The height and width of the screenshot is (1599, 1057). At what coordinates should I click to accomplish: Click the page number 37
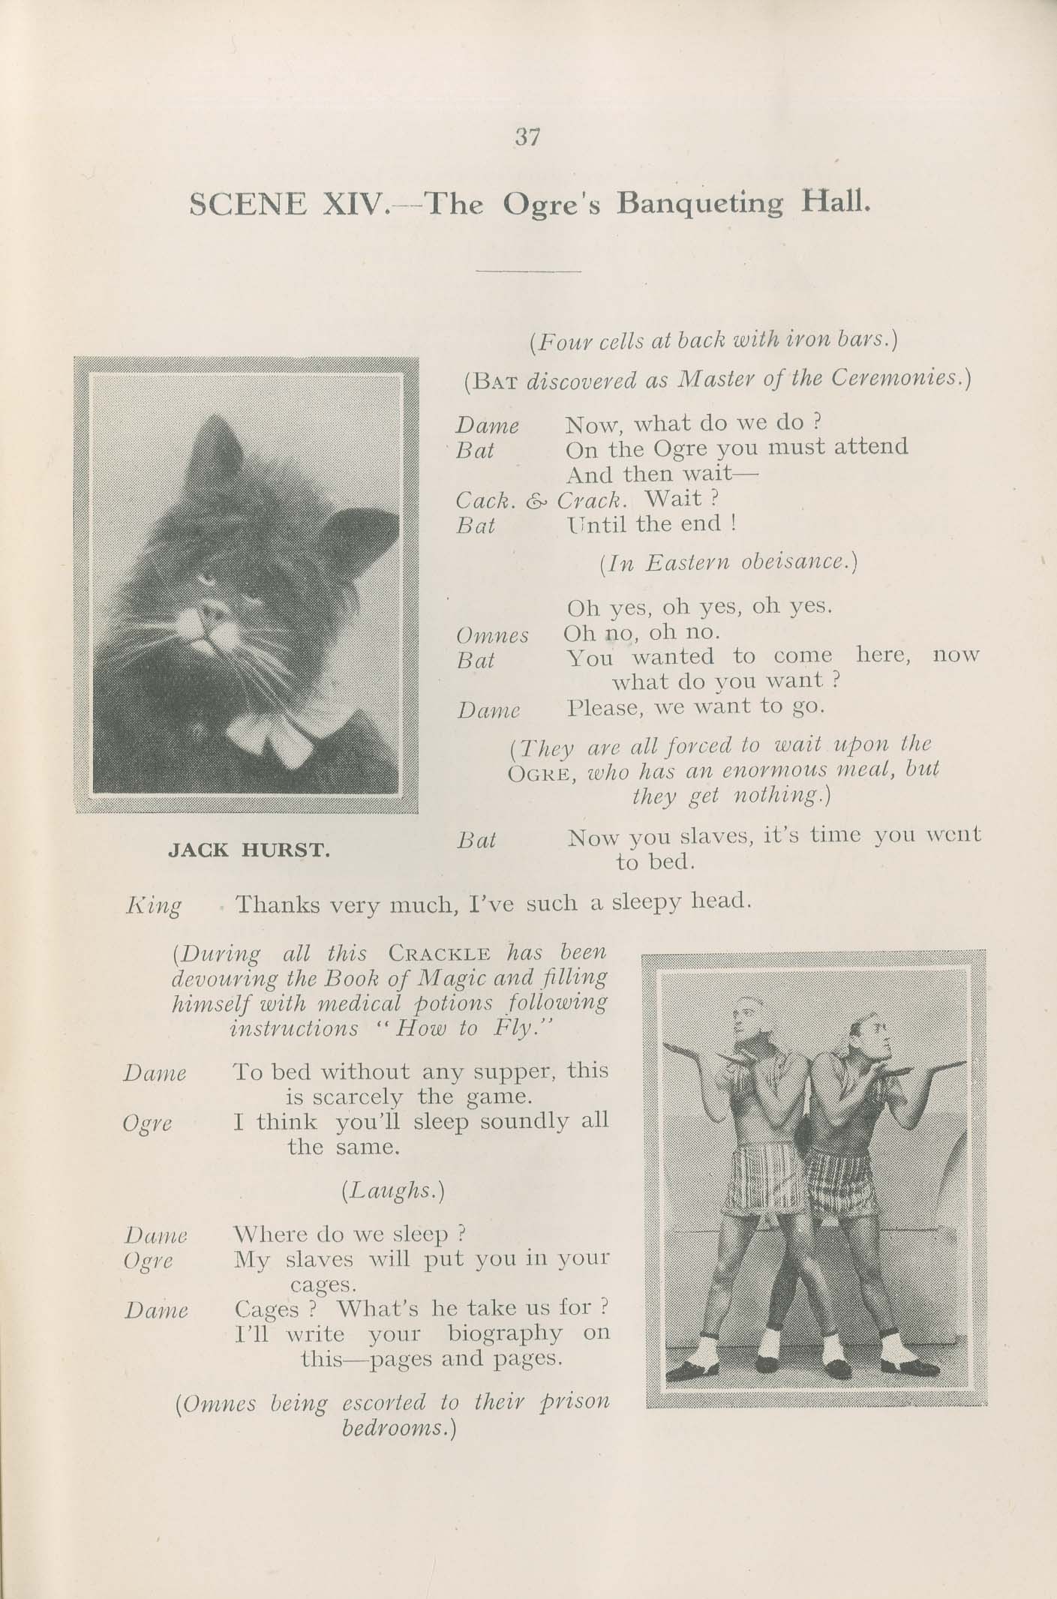[527, 137]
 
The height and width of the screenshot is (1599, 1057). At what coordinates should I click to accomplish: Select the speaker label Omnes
[493, 636]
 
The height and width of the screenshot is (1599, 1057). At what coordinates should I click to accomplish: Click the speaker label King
[154, 905]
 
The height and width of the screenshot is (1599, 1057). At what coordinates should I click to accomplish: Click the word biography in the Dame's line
[504, 1333]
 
